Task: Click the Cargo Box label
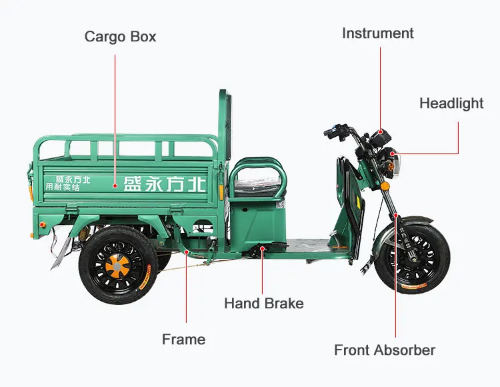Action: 120,36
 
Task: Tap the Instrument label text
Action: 377,33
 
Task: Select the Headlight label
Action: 451,103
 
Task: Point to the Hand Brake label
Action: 263,304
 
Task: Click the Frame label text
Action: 183,340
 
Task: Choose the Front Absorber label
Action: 385,350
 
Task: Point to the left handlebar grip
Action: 332,132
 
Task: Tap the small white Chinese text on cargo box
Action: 67,183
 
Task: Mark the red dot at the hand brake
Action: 263,249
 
